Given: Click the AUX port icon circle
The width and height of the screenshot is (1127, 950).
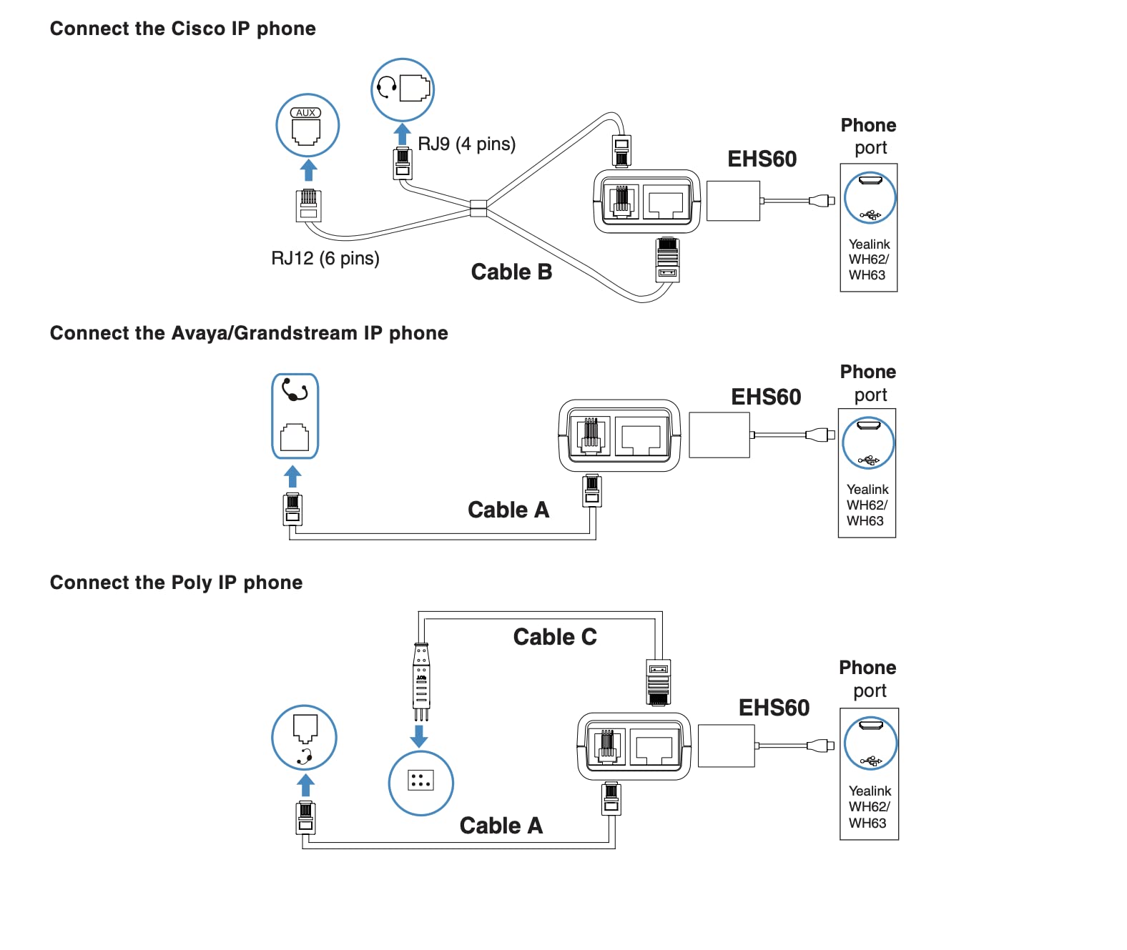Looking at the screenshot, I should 307,126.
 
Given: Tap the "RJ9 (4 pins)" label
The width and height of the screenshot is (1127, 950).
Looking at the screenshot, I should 466,144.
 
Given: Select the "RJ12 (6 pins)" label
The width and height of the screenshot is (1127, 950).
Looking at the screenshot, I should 325,258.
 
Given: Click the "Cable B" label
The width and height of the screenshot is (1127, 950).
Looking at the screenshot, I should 511,272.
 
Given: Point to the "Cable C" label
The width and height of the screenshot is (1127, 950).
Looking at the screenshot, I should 555,637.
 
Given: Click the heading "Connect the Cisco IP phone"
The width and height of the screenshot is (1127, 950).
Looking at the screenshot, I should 182,29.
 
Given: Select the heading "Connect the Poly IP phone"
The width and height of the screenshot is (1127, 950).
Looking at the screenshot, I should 176,583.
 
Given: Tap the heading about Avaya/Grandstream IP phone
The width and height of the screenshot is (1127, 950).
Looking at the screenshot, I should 249,333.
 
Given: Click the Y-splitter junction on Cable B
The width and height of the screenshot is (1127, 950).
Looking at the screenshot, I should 478,208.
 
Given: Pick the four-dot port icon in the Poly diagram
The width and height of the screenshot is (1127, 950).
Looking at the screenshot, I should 420,782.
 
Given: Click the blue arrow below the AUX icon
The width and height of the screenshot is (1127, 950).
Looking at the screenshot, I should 308,170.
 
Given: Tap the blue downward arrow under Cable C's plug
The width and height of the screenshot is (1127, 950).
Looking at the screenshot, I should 419,736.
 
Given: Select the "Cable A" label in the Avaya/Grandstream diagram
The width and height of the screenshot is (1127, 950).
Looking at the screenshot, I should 508,510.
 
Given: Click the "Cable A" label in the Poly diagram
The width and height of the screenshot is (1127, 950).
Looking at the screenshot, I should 501,826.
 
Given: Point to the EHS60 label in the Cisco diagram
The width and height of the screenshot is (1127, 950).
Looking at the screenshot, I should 762,159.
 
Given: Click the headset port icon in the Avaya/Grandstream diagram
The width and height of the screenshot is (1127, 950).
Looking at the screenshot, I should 295,416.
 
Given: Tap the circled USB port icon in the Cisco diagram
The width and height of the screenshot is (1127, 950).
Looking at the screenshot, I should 870,197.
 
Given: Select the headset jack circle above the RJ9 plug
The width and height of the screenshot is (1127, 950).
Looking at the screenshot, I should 403,89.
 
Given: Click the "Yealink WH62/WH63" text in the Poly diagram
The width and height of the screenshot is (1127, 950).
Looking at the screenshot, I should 869,807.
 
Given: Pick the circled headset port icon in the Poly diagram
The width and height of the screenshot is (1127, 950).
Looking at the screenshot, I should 305,738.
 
